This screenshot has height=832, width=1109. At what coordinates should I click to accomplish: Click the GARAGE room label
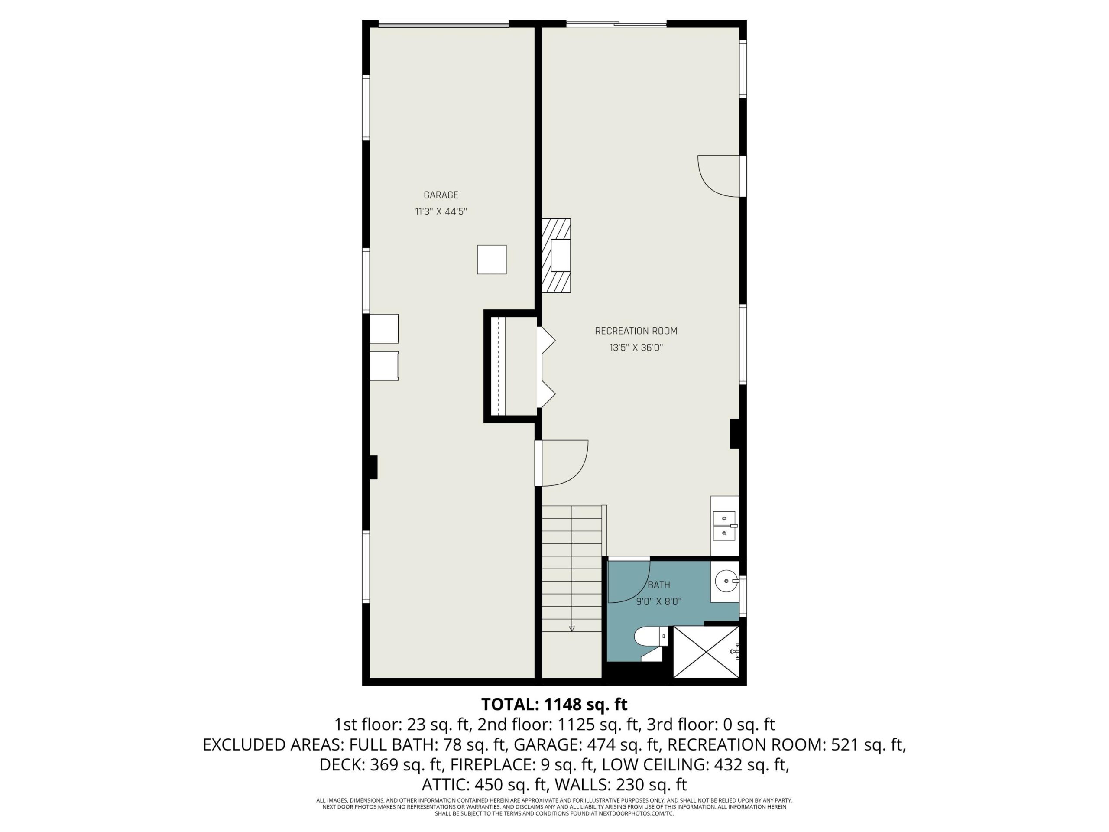tap(441, 195)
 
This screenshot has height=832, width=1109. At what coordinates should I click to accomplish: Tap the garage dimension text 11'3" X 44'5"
tap(441, 211)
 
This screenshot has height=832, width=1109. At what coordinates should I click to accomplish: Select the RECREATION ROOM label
tap(636, 331)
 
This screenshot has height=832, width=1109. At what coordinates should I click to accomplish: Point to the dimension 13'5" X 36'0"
tap(636, 348)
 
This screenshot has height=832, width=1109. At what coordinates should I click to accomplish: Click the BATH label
tap(659, 585)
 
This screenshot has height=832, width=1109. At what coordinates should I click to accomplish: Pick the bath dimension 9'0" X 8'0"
tap(659, 602)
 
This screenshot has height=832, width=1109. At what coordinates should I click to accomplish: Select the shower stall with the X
tap(706, 651)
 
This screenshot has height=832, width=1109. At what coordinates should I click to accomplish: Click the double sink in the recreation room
tap(724, 526)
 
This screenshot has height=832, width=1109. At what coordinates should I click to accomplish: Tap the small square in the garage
tap(491, 259)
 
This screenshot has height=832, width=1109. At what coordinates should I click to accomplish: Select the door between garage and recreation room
tap(561, 463)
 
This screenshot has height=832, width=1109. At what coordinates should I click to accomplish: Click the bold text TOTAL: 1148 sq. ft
tap(554, 704)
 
